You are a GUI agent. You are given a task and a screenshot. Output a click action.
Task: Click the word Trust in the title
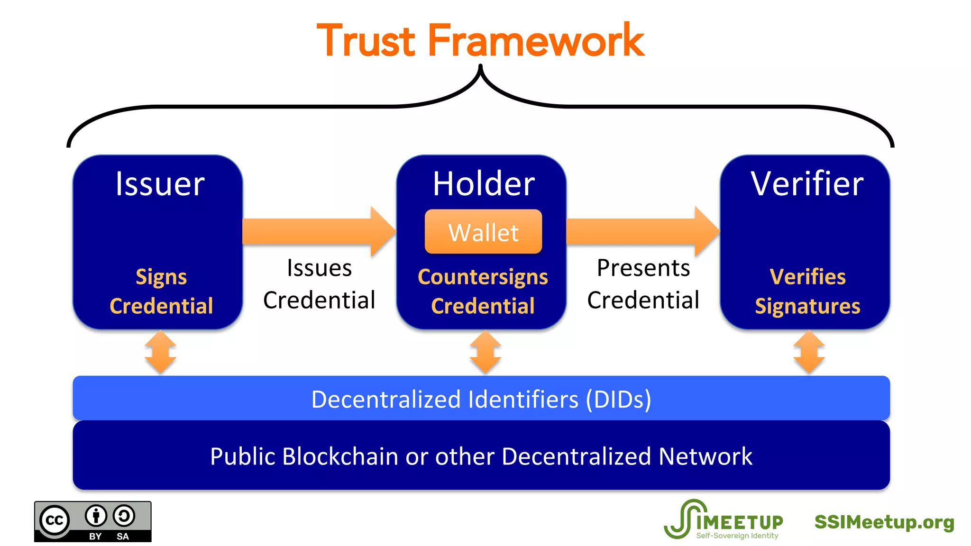pos(366,42)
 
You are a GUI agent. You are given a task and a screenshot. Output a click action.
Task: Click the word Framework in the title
pos(536,42)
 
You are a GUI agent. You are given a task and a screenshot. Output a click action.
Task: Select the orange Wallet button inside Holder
pos(483,232)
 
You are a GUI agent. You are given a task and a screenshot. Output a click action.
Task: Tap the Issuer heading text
pos(160,184)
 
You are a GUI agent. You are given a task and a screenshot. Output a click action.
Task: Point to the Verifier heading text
pos(807,184)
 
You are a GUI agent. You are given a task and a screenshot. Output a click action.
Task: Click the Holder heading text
pos(484,184)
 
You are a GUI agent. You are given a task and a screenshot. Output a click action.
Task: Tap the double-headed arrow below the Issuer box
pos(160,352)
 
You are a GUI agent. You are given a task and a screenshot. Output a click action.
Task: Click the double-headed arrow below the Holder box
pos(485,352)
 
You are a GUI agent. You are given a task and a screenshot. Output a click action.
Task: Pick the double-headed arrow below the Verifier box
pos(809,352)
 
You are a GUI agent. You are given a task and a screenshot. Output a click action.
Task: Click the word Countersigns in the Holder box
pos(483,277)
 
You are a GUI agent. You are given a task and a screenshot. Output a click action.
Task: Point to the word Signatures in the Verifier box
pos(807,306)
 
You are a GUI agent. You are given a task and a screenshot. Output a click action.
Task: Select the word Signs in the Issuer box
pos(161,277)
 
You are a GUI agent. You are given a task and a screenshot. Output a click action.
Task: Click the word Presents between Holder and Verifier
pos(643,268)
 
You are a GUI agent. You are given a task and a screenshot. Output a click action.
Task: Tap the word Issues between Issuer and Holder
pos(319,268)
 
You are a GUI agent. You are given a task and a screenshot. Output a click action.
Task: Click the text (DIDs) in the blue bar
pos(618,399)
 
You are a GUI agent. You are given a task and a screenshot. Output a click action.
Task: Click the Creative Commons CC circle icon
pos(55,520)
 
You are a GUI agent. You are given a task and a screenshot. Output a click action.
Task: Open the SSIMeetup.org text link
pos(884,522)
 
